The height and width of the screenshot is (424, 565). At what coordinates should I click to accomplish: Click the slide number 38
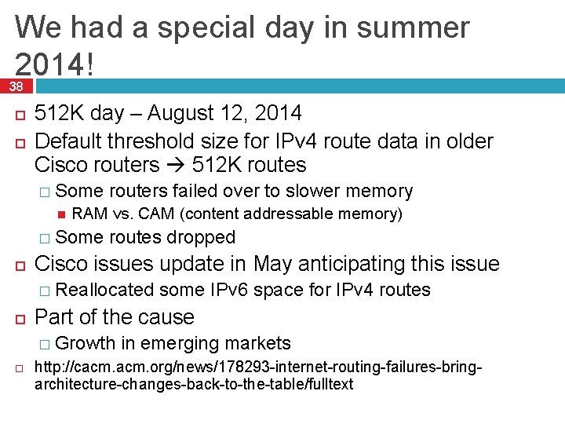(x=16, y=86)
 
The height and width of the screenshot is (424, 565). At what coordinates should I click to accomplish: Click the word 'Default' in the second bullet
(x=68, y=141)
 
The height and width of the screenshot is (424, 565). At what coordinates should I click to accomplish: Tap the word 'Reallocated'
(x=105, y=290)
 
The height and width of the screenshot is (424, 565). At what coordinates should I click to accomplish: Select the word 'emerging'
(x=182, y=343)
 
